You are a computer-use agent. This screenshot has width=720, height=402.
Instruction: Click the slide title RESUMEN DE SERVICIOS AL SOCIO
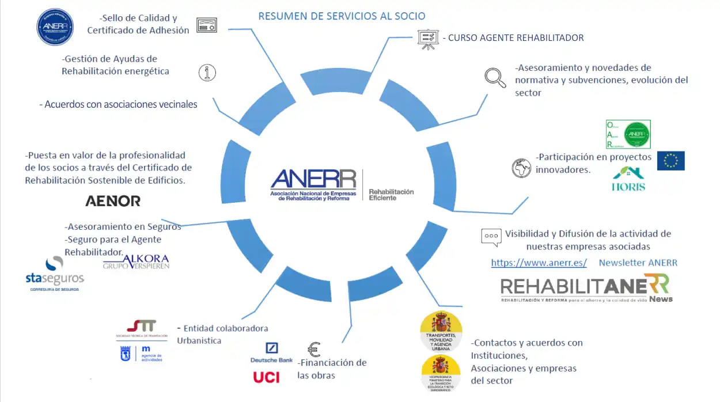tap(342, 16)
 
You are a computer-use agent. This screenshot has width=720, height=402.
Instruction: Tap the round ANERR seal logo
tap(55, 26)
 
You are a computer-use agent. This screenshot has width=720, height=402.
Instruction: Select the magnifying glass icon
tap(495, 77)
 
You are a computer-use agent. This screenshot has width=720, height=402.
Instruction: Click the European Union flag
tap(670, 161)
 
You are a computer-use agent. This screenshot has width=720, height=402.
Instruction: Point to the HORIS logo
tap(628, 179)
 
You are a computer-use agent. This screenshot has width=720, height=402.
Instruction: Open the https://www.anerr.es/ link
tap(539, 263)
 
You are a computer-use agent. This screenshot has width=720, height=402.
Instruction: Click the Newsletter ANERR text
tap(638, 263)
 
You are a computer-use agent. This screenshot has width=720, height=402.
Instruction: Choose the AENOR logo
tap(113, 201)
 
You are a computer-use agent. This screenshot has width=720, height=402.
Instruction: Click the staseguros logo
tap(54, 274)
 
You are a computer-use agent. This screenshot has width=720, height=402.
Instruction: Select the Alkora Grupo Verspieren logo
tap(136, 261)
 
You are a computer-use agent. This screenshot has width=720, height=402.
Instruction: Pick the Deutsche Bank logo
tap(271, 352)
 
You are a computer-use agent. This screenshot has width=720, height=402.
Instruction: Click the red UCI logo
tap(266, 377)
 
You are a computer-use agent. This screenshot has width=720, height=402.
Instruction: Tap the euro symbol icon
tap(314, 350)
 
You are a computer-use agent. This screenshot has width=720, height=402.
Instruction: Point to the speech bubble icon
tap(490, 236)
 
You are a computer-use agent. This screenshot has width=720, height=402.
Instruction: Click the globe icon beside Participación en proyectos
tap(521, 168)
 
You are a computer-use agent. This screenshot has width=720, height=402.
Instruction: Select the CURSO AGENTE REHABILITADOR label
tap(516, 38)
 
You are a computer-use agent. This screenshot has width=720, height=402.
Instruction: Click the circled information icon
tap(207, 73)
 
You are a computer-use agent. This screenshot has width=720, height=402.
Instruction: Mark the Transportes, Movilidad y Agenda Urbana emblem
tap(441, 331)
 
